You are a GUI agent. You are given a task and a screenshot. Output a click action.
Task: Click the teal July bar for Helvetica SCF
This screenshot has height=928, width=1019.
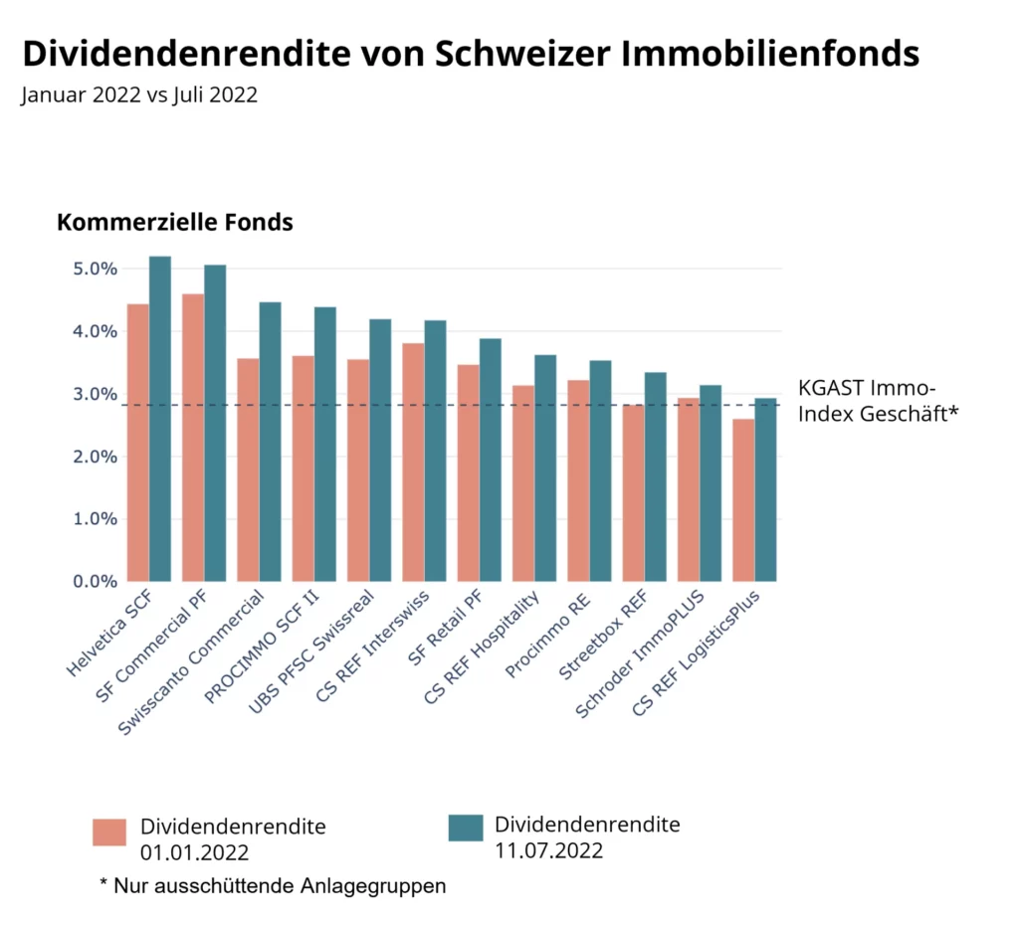160,419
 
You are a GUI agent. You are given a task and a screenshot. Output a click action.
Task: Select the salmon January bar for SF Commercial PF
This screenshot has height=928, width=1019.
193,438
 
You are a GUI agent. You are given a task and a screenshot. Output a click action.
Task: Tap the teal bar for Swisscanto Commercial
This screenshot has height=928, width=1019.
270,442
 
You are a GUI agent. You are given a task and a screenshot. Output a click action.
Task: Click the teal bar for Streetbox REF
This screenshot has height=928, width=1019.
655,476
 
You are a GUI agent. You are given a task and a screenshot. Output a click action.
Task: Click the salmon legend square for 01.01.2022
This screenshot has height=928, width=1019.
109,833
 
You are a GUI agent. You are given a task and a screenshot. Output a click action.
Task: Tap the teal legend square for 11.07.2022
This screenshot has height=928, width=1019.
465,828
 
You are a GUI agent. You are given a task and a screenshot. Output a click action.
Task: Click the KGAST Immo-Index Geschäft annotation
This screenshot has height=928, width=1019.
877,401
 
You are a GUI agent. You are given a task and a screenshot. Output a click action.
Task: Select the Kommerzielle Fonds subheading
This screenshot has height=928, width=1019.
175,222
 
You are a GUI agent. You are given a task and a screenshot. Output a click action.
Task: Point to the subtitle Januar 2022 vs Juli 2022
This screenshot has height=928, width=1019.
139,95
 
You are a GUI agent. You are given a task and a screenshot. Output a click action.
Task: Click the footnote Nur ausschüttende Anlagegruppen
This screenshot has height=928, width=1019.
273,885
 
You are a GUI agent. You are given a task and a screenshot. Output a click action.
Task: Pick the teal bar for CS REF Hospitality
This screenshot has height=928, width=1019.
545,467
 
